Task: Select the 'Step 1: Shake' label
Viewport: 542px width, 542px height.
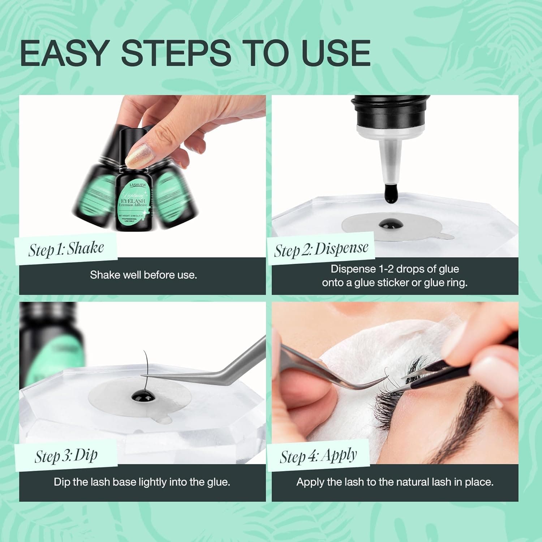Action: click(66, 249)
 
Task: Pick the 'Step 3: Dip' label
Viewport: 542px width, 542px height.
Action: click(66, 456)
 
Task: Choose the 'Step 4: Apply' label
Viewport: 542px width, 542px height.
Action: click(318, 456)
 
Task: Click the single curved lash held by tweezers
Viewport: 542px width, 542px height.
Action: click(146, 365)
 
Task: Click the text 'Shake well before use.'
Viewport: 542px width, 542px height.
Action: click(143, 275)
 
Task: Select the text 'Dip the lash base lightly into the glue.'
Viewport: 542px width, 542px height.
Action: click(142, 482)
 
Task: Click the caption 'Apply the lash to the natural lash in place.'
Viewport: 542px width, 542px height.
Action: click(395, 482)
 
